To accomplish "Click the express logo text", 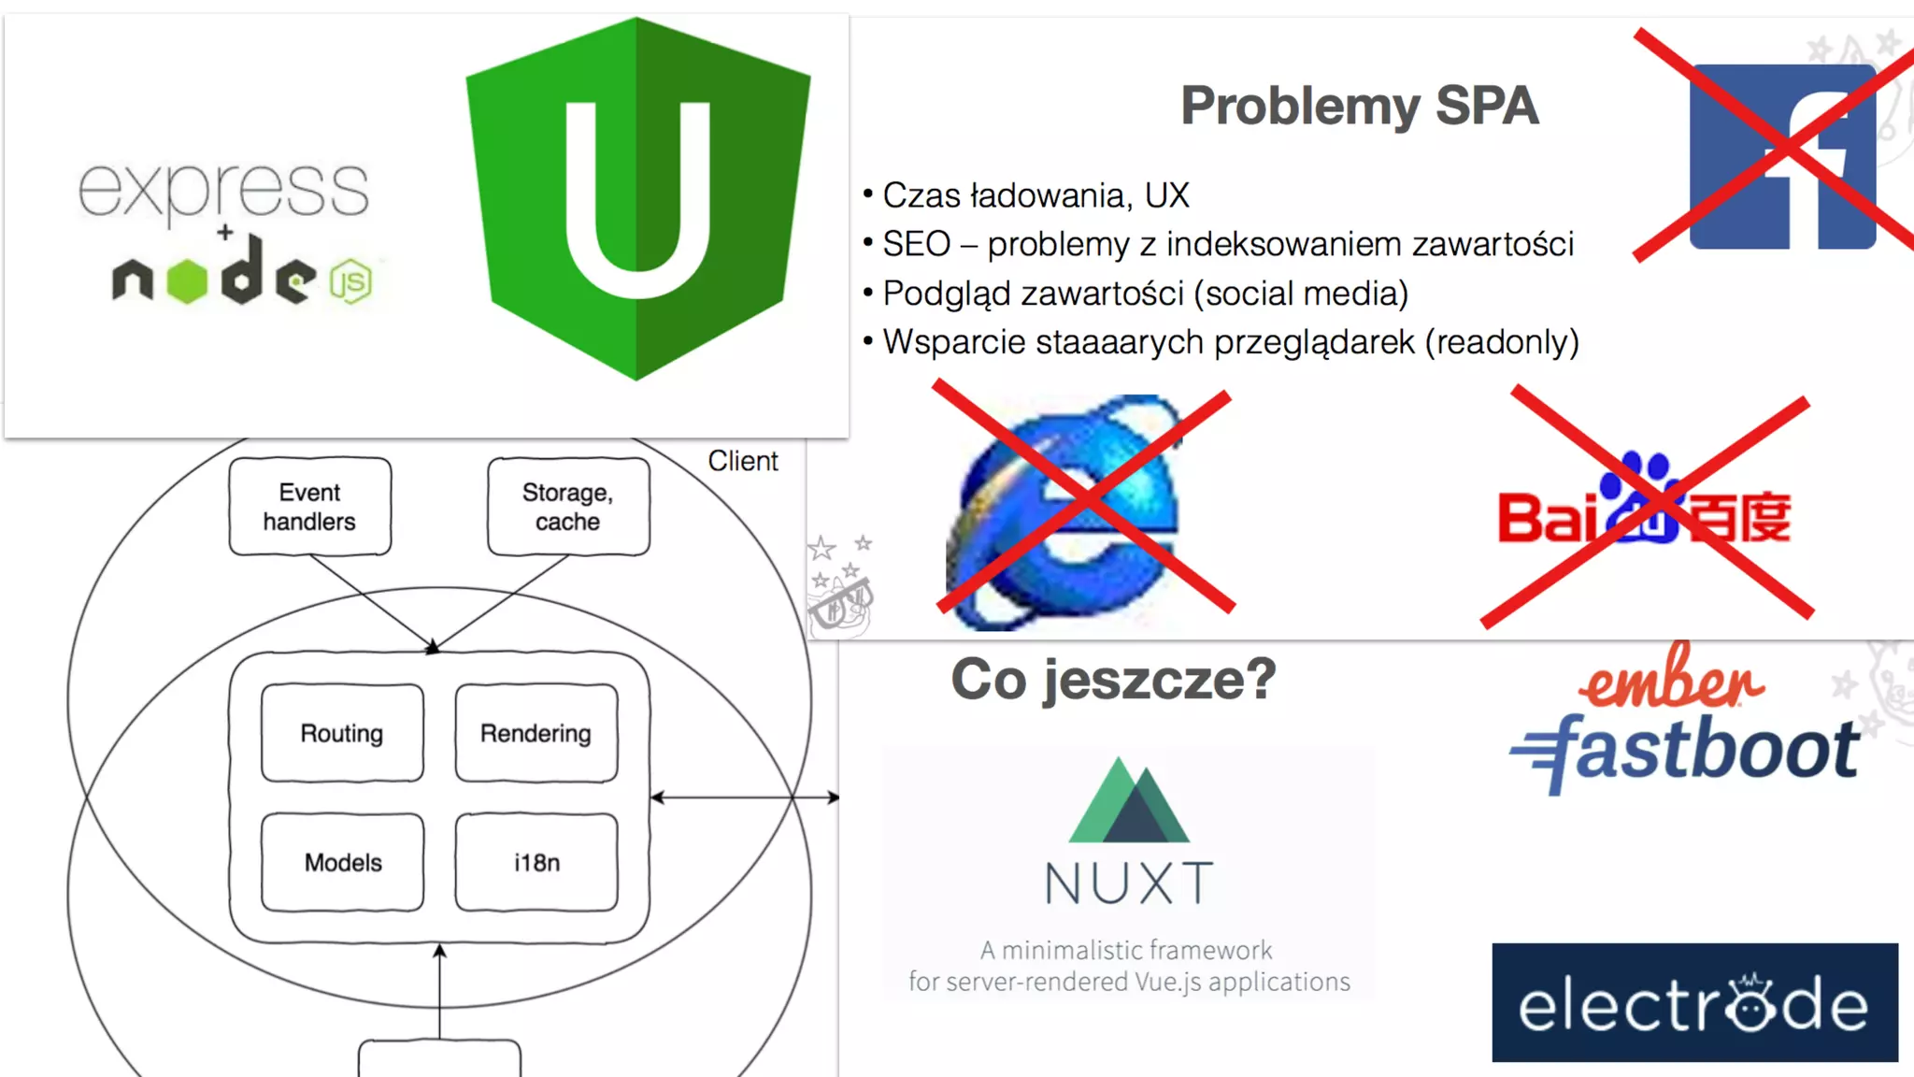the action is pyautogui.click(x=223, y=190).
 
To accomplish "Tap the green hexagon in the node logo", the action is pyautogui.click(x=187, y=280).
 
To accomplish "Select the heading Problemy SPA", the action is pyautogui.click(x=1359, y=106).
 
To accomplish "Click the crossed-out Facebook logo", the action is pyautogui.click(x=1781, y=155).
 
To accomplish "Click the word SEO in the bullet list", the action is pyautogui.click(x=916, y=245).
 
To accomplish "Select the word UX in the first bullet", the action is pyautogui.click(x=1166, y=195).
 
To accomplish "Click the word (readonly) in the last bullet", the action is pyautogui.click(x=1502, y=342).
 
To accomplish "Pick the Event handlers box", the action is pyautogui.click(x=309, y=507).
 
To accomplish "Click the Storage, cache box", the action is pyautogui.click(x=568, y=507).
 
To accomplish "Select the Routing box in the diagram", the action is pyautogui.click(x=342, y=733).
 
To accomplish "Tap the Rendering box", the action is pyautogui.click(x=536, y=733).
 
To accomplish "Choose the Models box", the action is pyautogui.click(x=342, y=862).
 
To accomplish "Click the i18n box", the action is pyautogui.click(x=536, y=862).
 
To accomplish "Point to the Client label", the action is pyautogui.click(x=742, y=461).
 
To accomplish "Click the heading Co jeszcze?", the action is pyautogui.click(x=1113, y=679).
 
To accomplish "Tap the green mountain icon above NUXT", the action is pyautogui.click(x=1129, y=801).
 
